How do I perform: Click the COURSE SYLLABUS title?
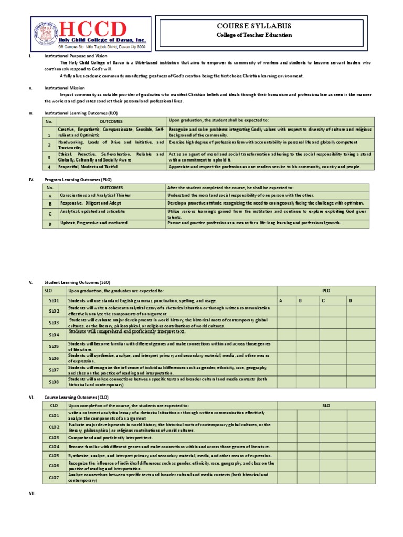pos(254,26)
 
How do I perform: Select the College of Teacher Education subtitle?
pos(254,35)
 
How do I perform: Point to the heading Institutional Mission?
pos(65,88)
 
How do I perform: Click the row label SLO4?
pos(54,334)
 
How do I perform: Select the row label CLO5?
pos(54,455)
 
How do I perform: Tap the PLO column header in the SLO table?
pos(326,291)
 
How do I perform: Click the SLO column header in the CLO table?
pos(326,405)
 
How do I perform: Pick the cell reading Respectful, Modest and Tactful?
pos(88,167)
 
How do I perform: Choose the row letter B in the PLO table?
pos(50,203)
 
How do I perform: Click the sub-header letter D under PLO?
pos(351,300)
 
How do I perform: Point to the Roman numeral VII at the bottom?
pos(31,493)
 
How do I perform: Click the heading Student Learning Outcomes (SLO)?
pos(78,282)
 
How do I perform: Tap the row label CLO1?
pos(54,415)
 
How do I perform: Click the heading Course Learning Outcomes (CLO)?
pos(76,397)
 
